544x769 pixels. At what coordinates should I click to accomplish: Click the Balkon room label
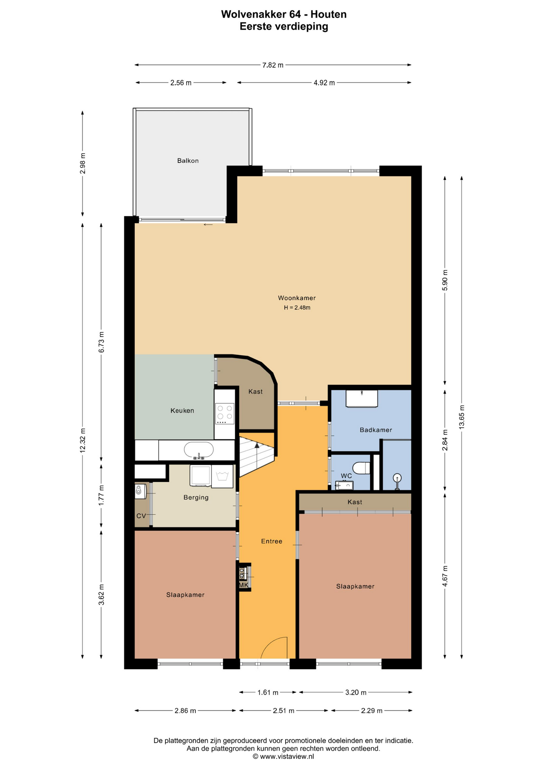click(188, 161)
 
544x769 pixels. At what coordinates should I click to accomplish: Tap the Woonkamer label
click(297, 298)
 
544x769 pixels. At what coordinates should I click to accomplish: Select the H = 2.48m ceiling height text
click(297, 308)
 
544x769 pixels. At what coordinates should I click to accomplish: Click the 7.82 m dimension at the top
click(273, 65)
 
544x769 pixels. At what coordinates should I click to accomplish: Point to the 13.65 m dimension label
click(462, 417)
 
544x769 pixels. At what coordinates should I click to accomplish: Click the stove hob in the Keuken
click(224, 414)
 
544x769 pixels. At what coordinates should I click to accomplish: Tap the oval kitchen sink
click(199, 450)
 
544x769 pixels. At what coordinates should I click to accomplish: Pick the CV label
click(141, 516)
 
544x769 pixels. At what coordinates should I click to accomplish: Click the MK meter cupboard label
click(244, 585)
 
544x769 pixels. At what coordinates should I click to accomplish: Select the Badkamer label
click(376, 430)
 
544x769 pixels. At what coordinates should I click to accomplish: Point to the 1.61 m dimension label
click(268, 693)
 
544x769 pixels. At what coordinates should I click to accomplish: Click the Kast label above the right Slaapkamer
click(355, 502)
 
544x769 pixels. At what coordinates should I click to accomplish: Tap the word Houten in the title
click(328, 14)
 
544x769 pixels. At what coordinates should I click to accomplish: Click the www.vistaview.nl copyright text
click(283, 757)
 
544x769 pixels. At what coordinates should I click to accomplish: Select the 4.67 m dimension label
click(445, 576)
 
